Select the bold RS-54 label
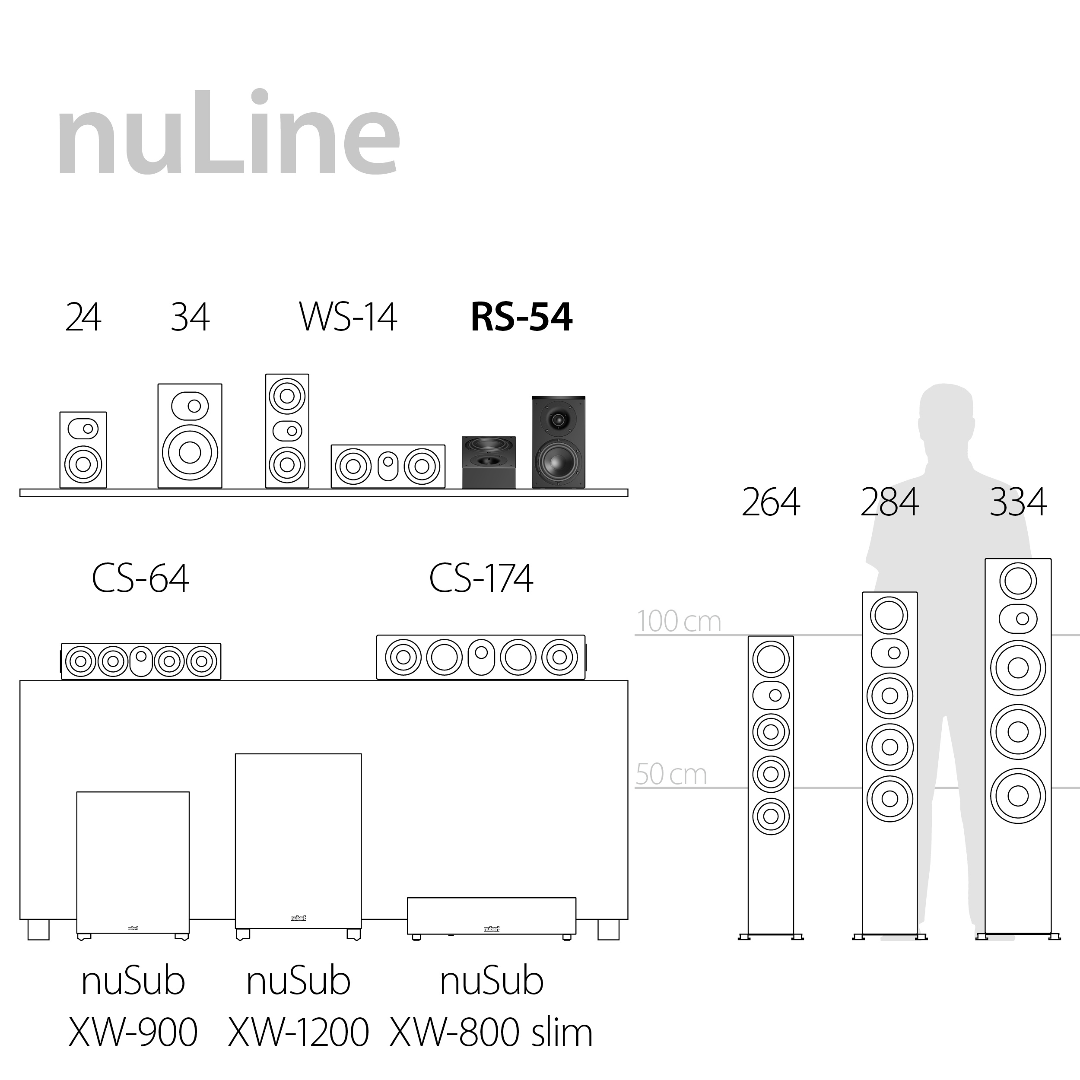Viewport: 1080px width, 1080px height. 521,318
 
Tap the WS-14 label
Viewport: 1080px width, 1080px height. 348,318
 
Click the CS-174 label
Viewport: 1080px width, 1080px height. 481,578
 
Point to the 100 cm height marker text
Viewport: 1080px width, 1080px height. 679,622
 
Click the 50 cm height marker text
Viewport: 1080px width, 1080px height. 671,775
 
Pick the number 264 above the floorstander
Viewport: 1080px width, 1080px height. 770,502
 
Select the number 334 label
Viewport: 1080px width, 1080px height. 1017,502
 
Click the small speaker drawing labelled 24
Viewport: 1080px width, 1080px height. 83,450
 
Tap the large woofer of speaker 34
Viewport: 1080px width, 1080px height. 190,452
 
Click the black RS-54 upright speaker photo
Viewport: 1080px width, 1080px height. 558,442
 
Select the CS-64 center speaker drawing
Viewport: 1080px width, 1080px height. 141,661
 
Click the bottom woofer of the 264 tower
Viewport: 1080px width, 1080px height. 770,816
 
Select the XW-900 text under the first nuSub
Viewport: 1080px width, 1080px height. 133,1032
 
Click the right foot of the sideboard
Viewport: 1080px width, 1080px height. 608,930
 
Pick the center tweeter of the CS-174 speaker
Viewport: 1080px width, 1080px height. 481,653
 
